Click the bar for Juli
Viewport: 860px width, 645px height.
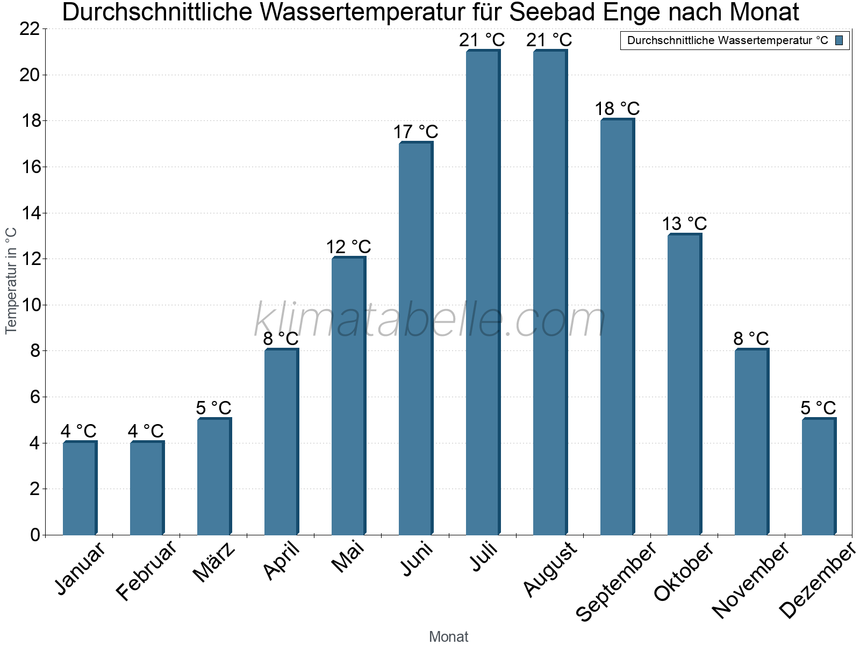[483, 293]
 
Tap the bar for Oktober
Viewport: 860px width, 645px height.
[684, 385]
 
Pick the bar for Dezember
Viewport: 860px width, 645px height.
[819, 477]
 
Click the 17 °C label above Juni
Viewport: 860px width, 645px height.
[415, 132]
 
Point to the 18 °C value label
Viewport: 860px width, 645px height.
[617, 109]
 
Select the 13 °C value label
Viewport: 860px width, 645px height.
[684, 224]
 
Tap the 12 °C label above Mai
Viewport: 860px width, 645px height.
[348, 247]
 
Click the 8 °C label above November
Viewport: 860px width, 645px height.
[751, 339]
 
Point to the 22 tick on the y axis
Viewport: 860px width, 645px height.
[30, 29]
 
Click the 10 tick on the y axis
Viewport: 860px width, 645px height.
[30, 305]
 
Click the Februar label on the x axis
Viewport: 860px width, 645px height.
[146, 570]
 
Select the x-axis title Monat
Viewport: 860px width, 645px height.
[449, 637]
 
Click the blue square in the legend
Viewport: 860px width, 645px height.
[839, 40]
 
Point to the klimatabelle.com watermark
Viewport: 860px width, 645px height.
[430, 320]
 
